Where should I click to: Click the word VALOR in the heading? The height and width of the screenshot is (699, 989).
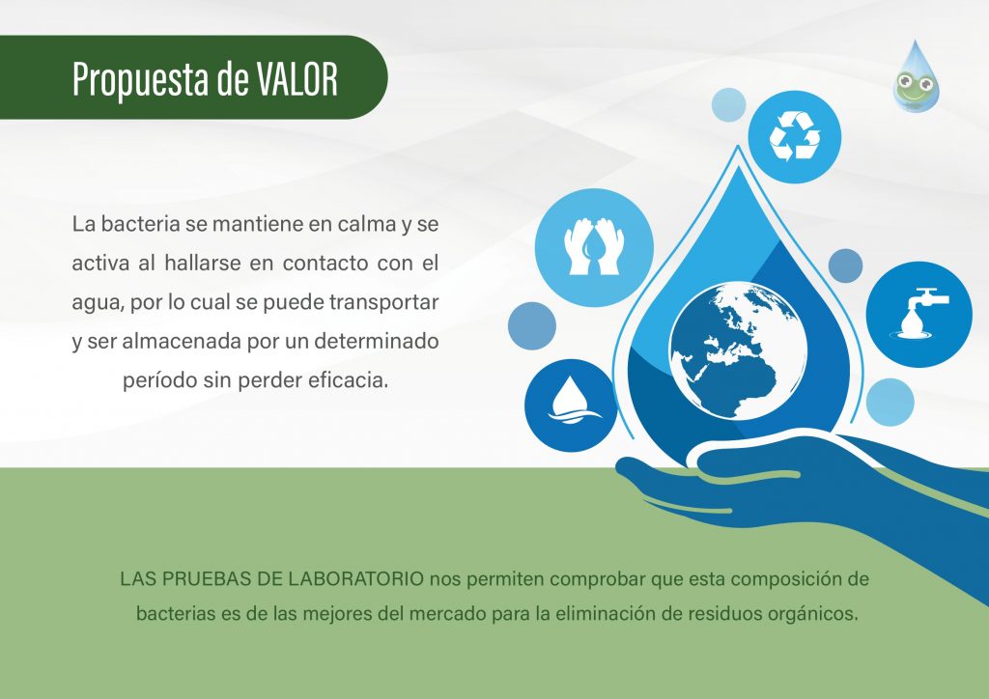[x=297, y=79]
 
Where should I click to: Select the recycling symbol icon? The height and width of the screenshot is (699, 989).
[x=795, y=136]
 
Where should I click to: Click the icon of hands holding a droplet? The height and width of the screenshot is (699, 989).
[x=594, y=247]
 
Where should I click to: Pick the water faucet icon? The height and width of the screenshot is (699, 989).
[x=919, y=314]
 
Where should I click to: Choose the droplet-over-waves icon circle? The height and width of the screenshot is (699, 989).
[x=570, y=405]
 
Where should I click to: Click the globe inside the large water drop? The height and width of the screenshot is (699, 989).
[x=738, y=350]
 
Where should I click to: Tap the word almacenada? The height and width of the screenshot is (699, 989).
[x=181, y=342]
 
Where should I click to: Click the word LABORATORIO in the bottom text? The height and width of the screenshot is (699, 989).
[x=356, y=578]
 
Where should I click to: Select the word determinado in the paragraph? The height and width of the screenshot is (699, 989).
[x=376, y=342]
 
